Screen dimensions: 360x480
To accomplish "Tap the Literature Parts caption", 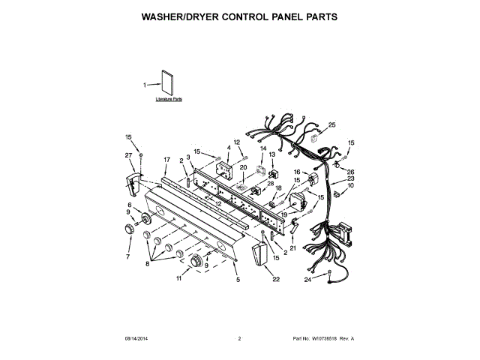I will (x=169, y=99).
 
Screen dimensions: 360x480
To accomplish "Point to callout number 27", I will (x=127, y=155).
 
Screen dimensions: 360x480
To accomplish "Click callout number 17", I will (x=166, y=159).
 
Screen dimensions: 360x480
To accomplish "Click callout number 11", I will (x=178, y=279).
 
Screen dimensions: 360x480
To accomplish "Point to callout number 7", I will (x=127, y=256).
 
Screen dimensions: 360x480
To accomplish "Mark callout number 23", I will (x=350, y=178).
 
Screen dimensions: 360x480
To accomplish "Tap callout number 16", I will (x=296, y=172).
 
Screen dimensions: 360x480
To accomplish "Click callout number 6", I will (x=128, y=205).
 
